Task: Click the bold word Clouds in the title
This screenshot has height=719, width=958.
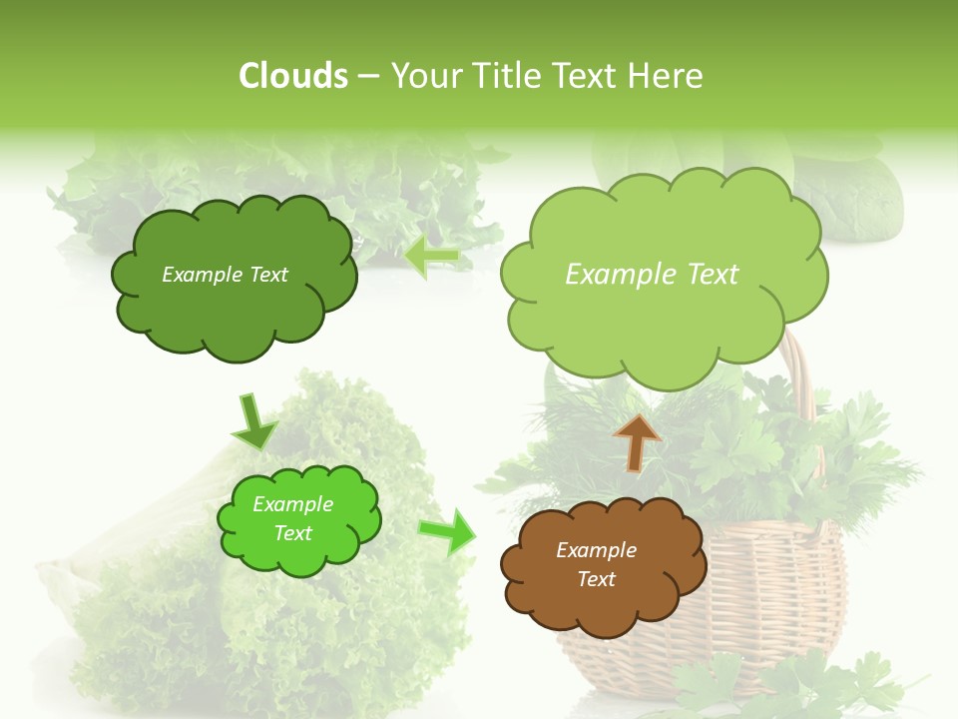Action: [292, 76]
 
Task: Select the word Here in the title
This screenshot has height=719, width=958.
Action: [667, 76]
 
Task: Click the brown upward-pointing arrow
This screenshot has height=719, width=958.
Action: [637, 441]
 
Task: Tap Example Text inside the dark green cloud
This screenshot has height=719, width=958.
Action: [225, 275]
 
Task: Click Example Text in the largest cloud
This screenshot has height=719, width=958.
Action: [652, 275]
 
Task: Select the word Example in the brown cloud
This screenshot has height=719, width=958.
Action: [596, 550]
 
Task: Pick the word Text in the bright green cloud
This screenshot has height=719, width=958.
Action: [292, 533]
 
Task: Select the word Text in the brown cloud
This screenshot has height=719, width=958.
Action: [596, 579]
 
